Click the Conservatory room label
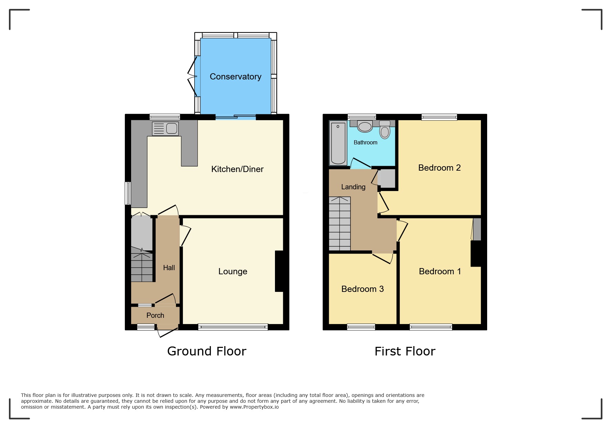point(235,77)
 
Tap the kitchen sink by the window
point(166,129)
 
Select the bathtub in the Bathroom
point(338,143)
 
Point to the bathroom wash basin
point(365,126)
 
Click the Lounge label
point(233,272)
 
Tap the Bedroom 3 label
point(362,289)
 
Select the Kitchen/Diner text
point(237,169)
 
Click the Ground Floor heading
point(207,351)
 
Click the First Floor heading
point(405,351)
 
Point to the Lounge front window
point(233,327)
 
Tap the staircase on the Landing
point(339,223)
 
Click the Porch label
point(155,315)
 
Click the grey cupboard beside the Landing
point(387,179)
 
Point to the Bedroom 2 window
point(439,117)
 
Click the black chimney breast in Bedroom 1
point(476,253)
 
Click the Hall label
point(169,268)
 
